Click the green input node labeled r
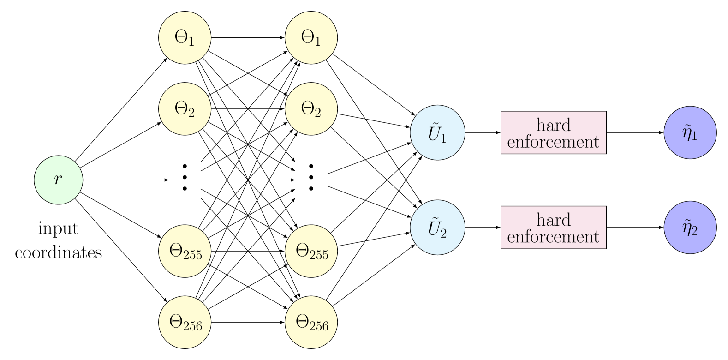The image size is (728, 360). coord(59,180)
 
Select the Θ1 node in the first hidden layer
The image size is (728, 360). coord(185,37)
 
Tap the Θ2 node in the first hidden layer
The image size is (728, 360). coord(185,108)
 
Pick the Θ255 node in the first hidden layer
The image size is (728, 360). coord(185,251)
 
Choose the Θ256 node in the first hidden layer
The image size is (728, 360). coord(185,322)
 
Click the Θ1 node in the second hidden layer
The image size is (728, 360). coord(311,37)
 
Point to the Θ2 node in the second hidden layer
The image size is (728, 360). coord(311,108)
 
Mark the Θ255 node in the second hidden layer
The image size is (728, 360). coord(311,251)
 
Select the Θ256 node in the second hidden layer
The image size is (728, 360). coord(311,322)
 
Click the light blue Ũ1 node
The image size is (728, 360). coord(437,132)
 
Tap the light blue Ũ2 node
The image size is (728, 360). coord(437,227)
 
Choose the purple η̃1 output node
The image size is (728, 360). coord(690,132)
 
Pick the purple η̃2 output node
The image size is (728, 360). coord(690,227)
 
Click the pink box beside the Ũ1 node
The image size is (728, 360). coord(553,132)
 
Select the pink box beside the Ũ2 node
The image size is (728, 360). coord(553,227)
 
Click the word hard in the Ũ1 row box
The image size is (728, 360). coord(553,125)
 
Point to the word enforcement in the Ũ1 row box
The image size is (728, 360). coord(553,142)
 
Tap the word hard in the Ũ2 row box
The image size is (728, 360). coord(553,220)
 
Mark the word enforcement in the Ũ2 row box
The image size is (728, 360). coord(553,237)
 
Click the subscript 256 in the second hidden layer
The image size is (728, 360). coord(319,326)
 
